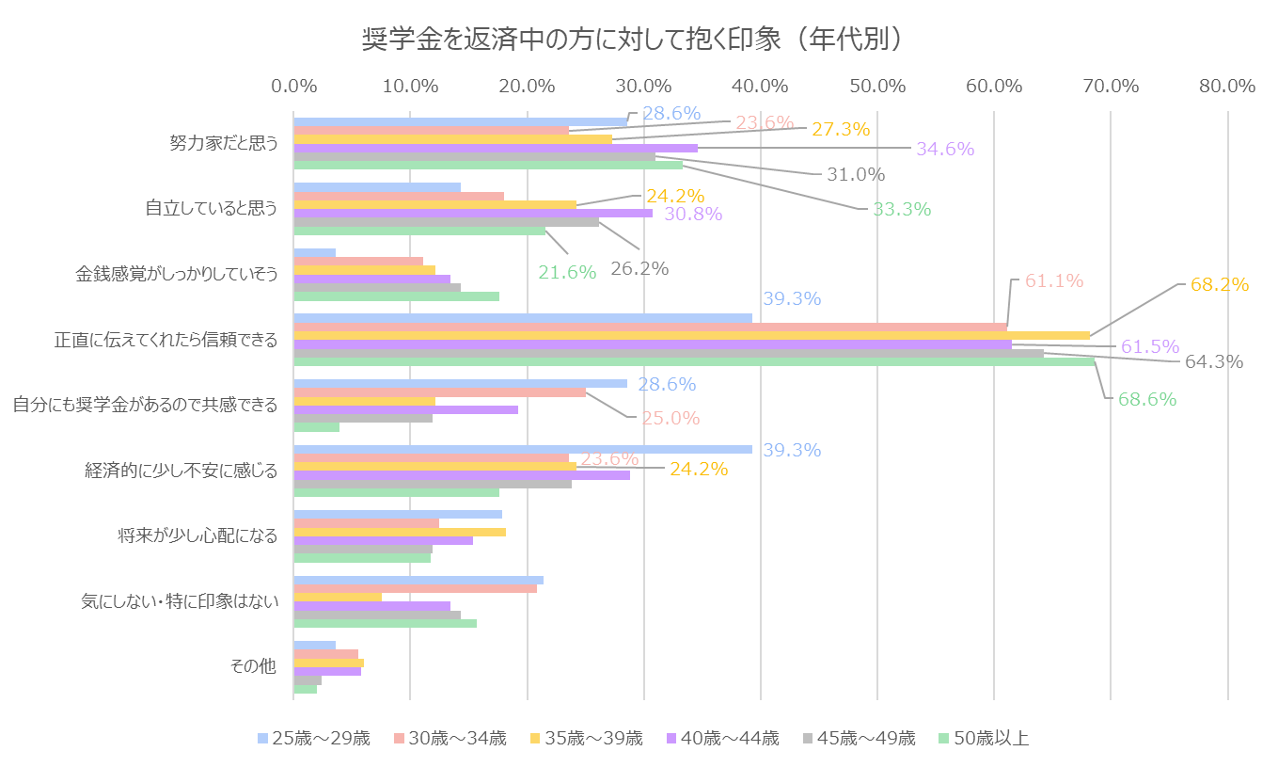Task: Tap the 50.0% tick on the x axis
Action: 876,86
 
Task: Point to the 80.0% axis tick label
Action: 1227,86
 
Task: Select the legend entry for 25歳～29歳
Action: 314,738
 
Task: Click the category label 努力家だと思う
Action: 223,143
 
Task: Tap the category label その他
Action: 253,666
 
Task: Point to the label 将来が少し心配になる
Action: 197,535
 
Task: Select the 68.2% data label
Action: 1220,284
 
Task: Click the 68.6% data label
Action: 1147,399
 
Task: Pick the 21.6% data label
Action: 567,272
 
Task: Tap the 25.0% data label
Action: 671,418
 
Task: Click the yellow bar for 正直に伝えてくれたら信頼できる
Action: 691,335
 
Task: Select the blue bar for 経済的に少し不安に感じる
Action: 522,450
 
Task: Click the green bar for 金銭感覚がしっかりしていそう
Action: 396,296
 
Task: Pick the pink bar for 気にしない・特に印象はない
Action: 415,588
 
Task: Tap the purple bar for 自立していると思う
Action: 473,214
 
